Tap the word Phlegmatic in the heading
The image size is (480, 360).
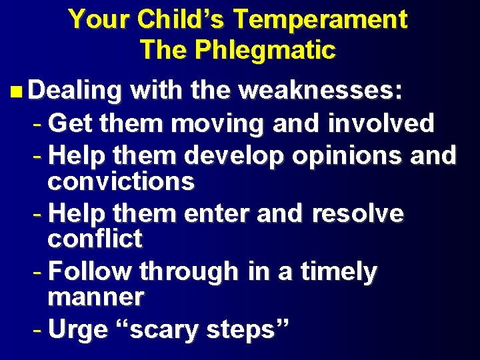[x=264, y=50]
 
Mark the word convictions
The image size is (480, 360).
[x=121, y=181]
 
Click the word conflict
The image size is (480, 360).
[x=95, y=239]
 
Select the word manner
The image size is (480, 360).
[x=95, y=298]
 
